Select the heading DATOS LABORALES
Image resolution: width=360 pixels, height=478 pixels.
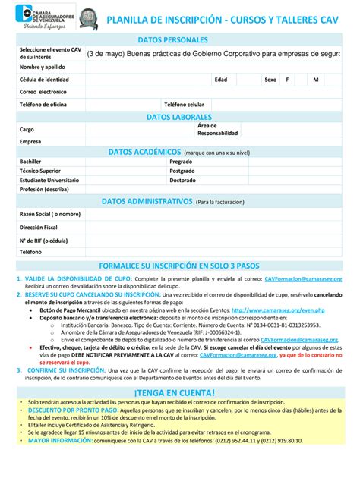[x=180, y=116]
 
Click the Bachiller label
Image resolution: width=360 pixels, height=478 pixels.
[x=30, y=162]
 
